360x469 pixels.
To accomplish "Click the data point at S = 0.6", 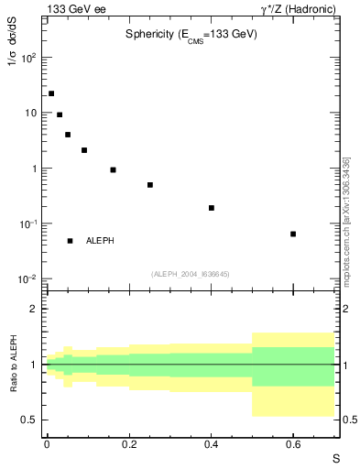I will pyautogui.click(x=293, y=234).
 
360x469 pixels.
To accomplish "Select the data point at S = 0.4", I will pyautogui.click(x=211, y=208).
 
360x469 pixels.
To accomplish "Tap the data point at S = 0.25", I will pyautogui.click(x=149, y=185).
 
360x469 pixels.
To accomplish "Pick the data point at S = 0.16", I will pyautogui.click(x=113, y=169).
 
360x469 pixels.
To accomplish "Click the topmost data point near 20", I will pyautogui.click(x=51, y=93).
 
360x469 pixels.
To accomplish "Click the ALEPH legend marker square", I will pyautogui.click(x=70, y=241).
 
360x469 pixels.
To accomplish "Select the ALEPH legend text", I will pyautogui.click(x=100, y=241).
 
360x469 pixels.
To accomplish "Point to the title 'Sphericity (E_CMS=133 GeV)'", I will pyautogui.click(x=191, y=35).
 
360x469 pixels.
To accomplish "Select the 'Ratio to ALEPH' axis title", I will pyautogui.click(x=16, y=365).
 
